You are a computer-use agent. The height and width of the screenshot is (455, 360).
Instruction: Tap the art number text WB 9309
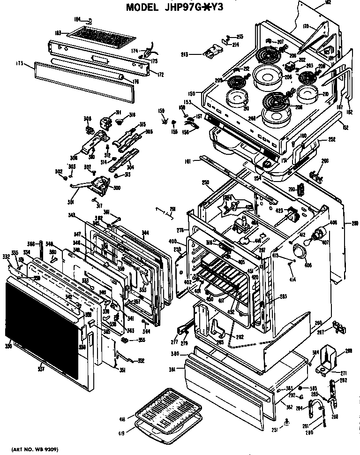tap(38, 450)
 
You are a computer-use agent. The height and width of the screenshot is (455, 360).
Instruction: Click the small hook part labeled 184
tap(89, 20)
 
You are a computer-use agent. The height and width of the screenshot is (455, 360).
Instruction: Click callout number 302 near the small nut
tap(59, 172)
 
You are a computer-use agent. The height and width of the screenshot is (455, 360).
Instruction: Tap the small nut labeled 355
tap(125, 339)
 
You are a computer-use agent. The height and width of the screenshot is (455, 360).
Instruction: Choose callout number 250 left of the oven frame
tap(205, 182)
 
